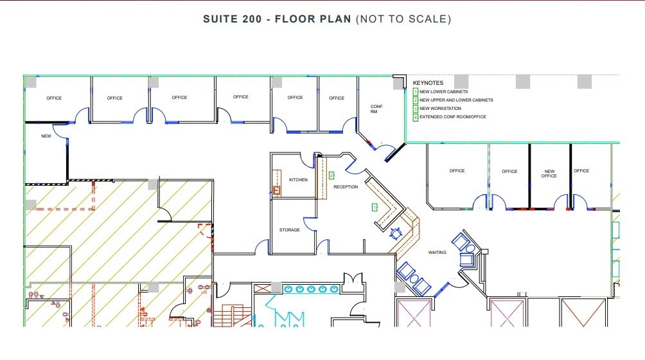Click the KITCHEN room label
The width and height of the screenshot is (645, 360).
298,180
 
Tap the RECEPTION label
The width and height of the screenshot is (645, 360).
346,187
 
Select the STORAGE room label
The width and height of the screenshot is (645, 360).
289,230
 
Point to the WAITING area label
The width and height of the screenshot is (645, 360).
437,253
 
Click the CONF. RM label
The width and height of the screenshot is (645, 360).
376,109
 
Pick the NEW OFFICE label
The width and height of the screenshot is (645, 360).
549,174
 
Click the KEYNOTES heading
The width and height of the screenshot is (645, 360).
428,83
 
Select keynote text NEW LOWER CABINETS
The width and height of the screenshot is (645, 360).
443,92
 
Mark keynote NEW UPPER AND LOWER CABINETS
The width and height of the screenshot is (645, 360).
456,100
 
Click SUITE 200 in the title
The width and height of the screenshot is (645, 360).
233,19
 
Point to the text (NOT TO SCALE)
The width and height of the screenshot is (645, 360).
403,19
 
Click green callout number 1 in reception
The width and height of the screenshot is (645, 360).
374,207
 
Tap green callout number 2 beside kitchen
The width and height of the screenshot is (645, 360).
331,175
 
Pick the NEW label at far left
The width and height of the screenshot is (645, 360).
46,136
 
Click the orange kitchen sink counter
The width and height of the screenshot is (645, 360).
277,182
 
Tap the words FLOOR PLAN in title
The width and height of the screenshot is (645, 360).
313,19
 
